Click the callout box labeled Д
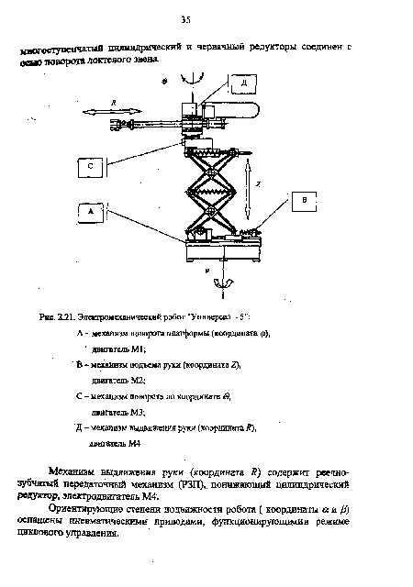pyautogui.click(x=244, y=83)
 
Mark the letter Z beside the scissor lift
pyautogui.click(x=259, y=183)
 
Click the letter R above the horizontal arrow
pyautogui.click(x=111, y=98)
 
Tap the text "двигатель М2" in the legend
pyautogui.click(x=119, y=379)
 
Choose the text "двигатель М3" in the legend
pyautogui.click(x=119, y=413)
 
